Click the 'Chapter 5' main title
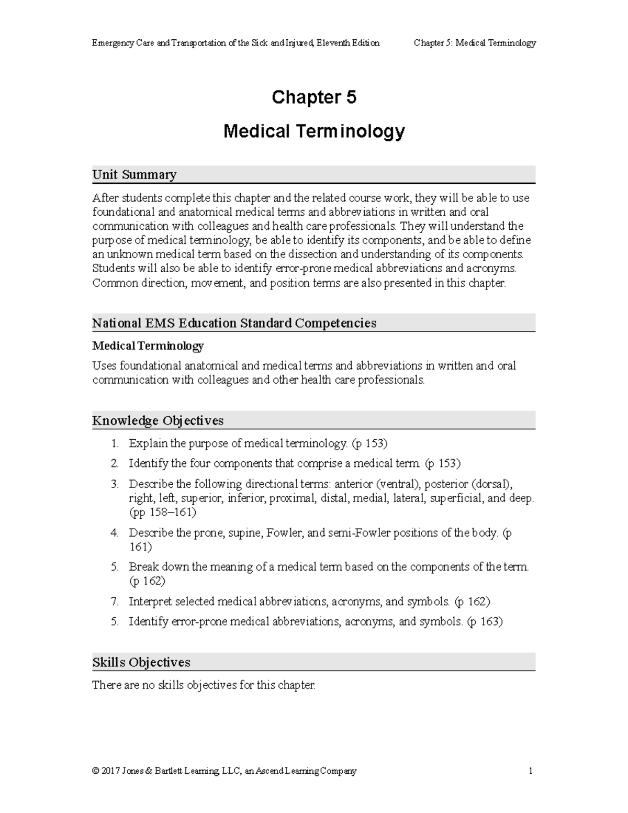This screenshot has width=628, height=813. click(x=313, y=97)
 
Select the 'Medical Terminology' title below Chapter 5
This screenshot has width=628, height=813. click(x=313, y=131)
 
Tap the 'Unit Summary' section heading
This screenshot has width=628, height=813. click(x=134, y=174)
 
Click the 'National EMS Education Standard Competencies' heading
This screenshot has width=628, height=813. click(x=234, y=323)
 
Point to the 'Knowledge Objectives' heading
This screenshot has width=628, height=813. click(x=158, y=420)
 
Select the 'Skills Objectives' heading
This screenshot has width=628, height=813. click(x=141, y=662)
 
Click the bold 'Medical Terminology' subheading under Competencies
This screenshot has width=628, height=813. click(x=148, y=346)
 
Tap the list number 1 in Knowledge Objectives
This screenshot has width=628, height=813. click(x=115, y=443)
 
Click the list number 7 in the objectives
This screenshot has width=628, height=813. click(x=115, y=602)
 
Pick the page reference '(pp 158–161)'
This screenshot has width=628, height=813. click(x=162, y=512)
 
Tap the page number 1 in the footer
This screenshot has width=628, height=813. click(x=531, y=771)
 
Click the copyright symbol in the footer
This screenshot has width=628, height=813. click(x=95, y=771)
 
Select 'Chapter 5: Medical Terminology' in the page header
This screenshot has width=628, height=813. click(x=475, y=43)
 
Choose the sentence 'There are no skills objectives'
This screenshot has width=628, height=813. click(x=204, y=685)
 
